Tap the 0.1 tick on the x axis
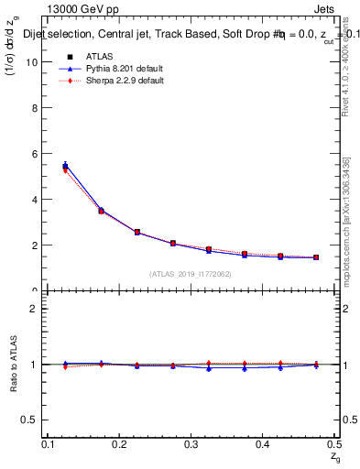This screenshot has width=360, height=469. click(x=49, y=443)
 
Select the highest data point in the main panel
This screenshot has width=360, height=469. click(x=65, y=166)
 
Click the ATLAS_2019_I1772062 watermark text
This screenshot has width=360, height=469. click(x=190, y=273)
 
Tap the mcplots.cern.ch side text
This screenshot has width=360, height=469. click(x=350, y=229)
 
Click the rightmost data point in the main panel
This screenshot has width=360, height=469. click(x=316, y=257)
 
